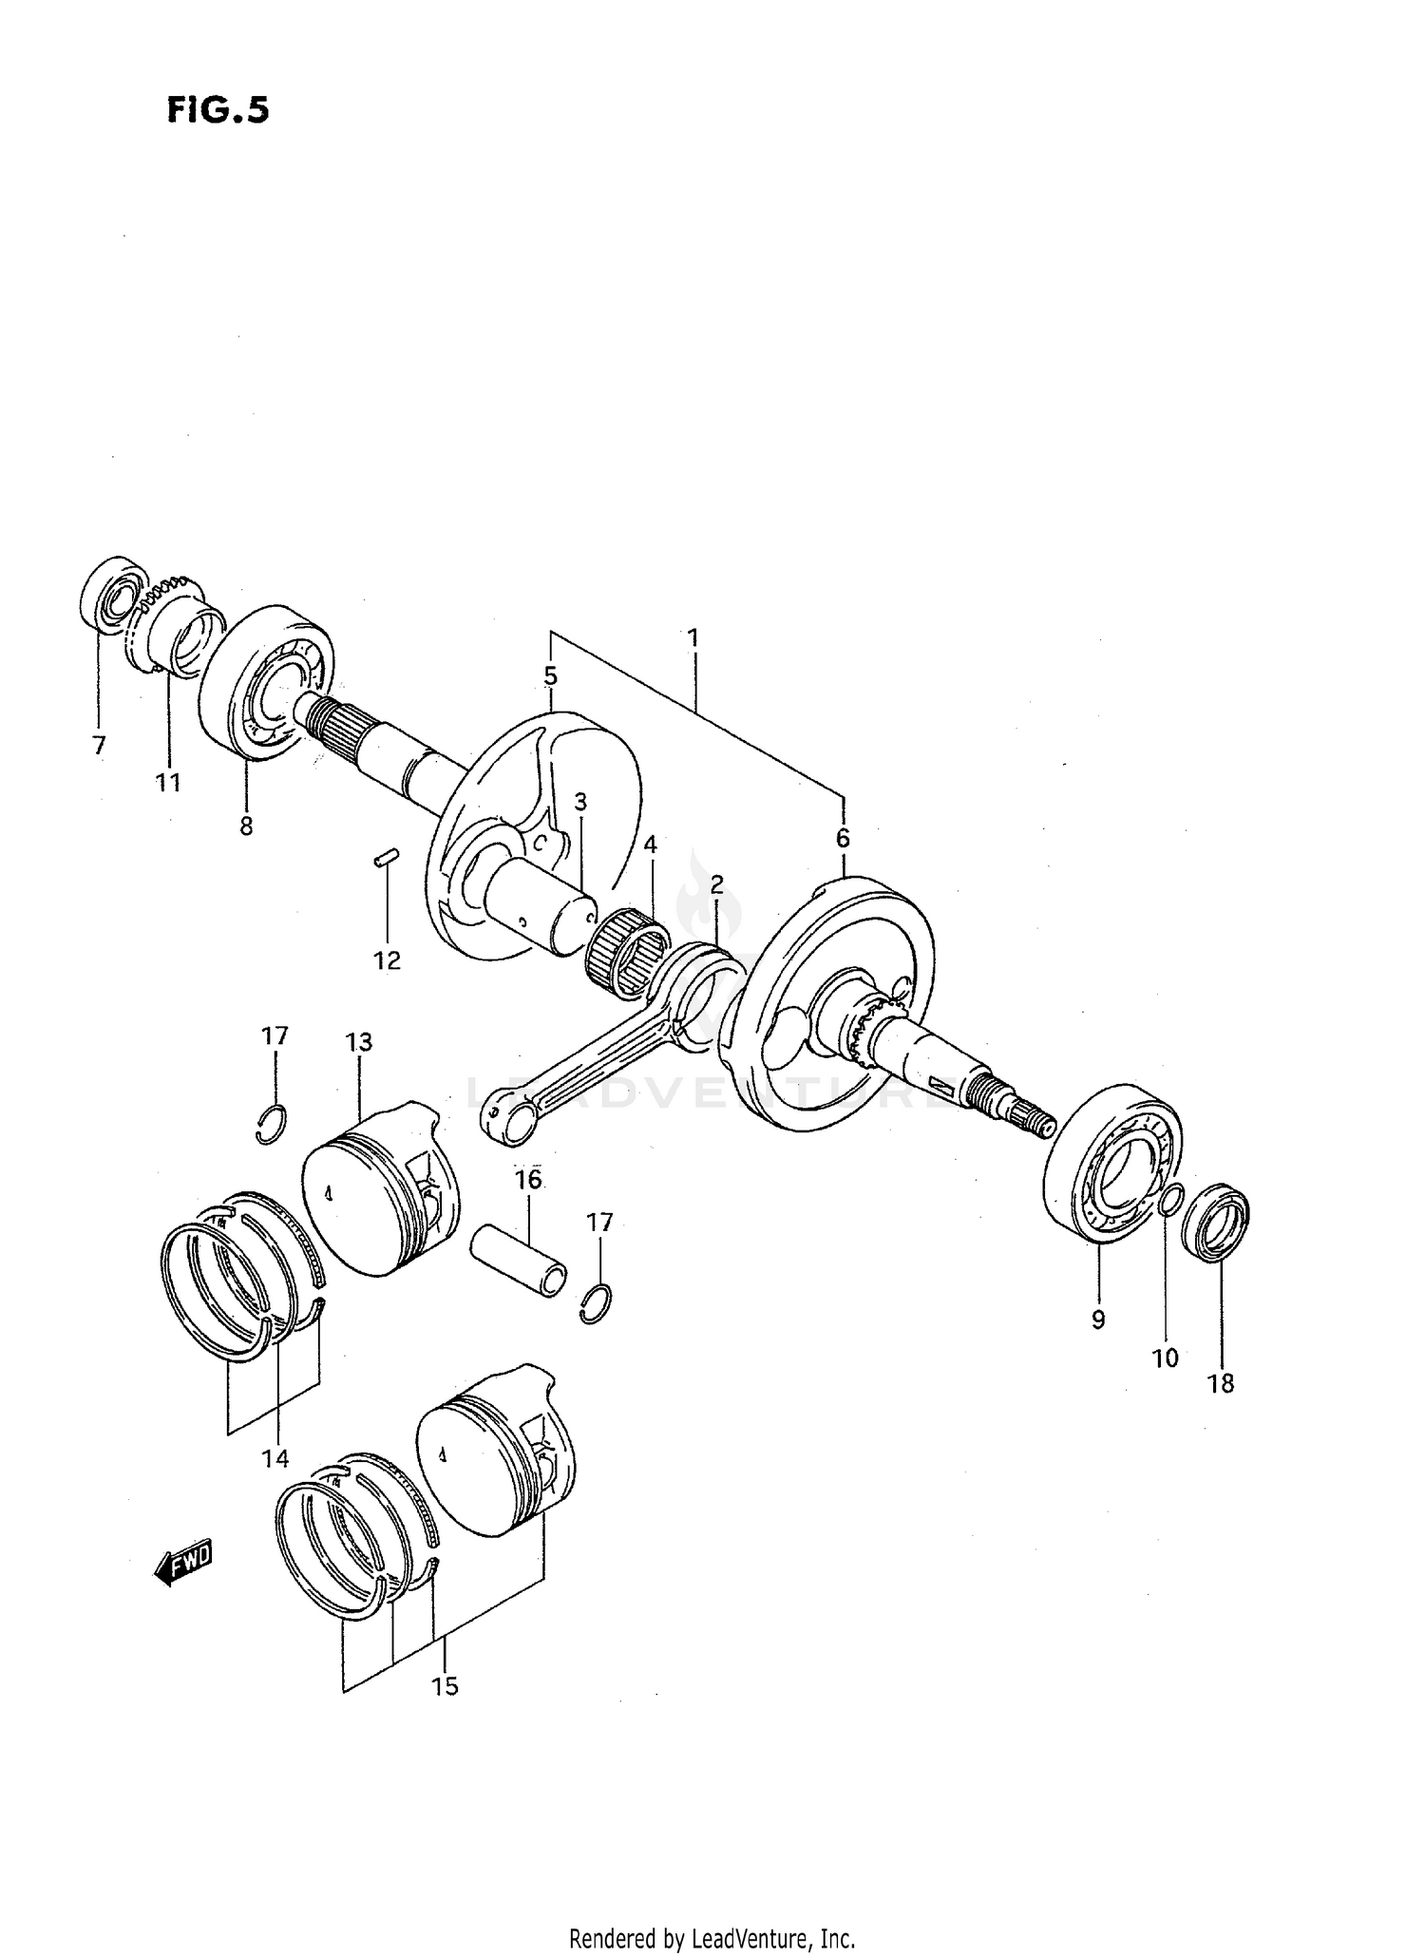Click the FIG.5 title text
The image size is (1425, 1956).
tap(218, 111)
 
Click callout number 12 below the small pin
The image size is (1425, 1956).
tap(387, 960)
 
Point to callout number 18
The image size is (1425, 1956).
tap(1221, 1384)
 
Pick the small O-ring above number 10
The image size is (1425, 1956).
tap(1171, 1201)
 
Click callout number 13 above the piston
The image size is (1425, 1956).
tap(358, 1042)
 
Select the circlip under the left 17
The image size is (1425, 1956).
tap(272, 1124)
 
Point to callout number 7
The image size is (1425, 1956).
tap(99, 746)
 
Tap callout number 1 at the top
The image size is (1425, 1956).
tap(693, 637)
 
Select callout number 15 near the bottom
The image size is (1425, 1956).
tap(445, 1686)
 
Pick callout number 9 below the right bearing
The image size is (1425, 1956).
tap(1098, 1319)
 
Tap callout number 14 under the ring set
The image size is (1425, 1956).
tap(275, 1458)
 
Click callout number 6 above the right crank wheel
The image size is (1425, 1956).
tap(843, 838)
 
